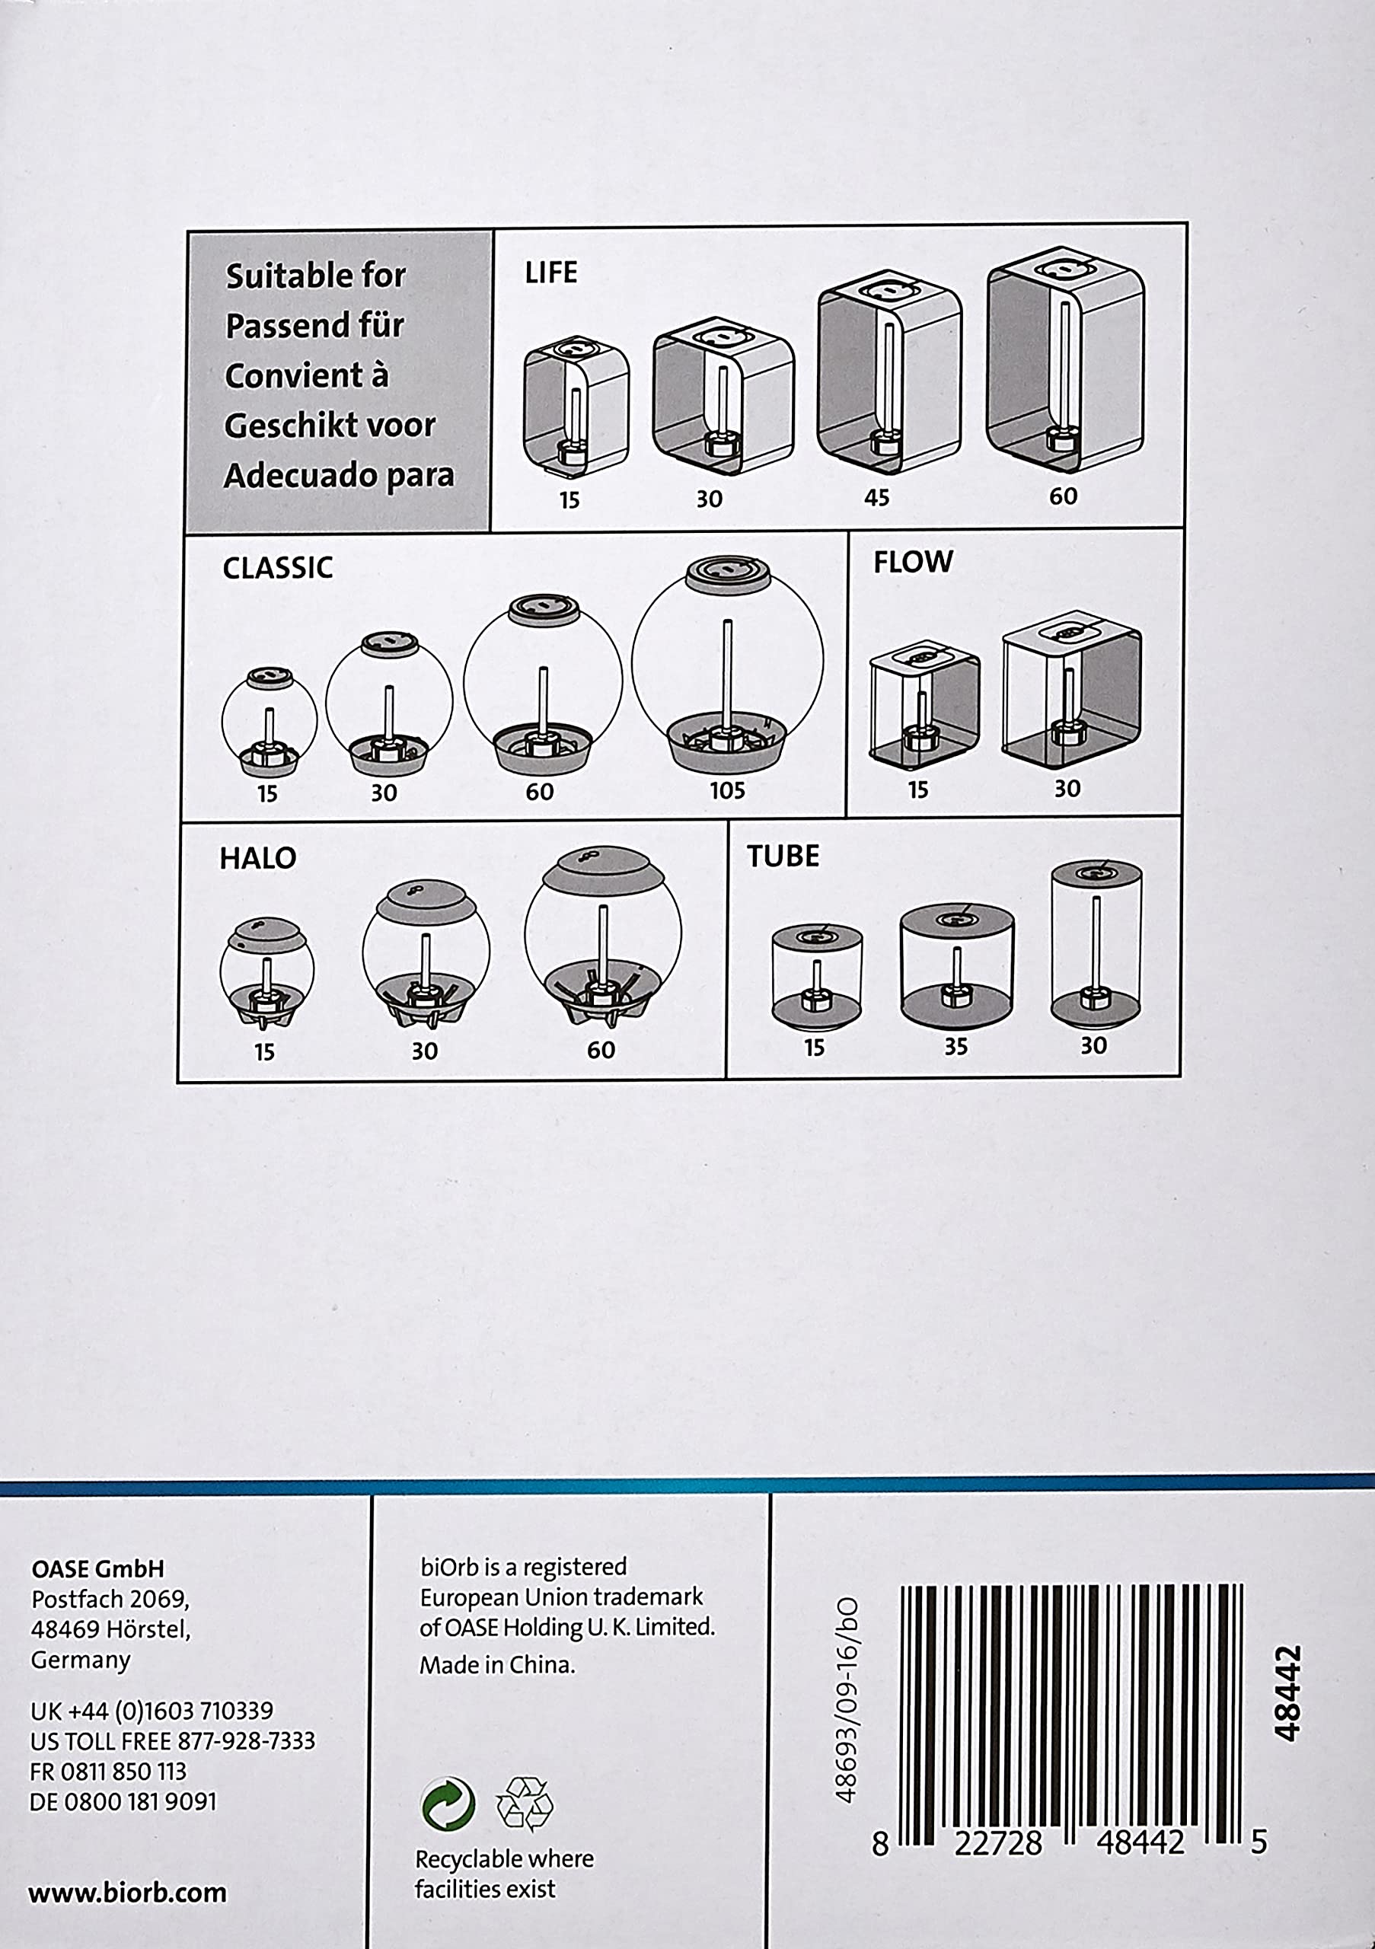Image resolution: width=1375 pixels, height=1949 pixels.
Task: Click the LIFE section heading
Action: point(551,273)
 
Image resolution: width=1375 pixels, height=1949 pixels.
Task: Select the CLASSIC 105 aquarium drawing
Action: point(727,664)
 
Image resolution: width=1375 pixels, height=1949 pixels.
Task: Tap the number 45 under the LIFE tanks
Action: point(877,497)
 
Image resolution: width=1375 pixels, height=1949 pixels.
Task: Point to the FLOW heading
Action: point(914,562)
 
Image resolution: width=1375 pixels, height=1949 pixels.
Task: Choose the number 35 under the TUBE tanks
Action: point(955,1047)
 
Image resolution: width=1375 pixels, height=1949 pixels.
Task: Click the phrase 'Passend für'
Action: point(314,325)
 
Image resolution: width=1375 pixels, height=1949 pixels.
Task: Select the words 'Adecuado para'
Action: point(339,475)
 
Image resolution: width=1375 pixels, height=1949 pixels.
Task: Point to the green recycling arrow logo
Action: point(448,1804)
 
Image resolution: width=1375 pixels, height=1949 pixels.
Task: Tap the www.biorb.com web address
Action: point(127,1892)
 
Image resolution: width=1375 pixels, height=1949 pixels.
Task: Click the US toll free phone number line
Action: point(172,1741)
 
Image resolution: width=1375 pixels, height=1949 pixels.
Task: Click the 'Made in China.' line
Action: point(497,1664)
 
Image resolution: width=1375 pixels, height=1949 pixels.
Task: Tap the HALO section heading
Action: point(258,858)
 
